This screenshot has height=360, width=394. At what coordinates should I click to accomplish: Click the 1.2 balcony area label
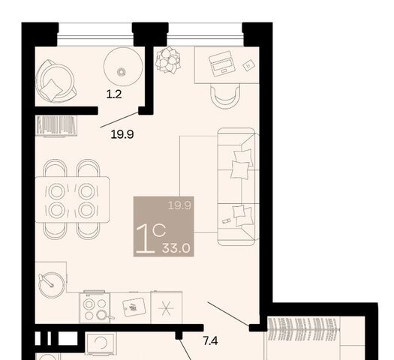[x=114, y=94]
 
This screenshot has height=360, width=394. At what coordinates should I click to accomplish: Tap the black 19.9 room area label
[x=122, y=134]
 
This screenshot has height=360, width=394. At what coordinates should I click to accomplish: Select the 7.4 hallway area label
[x=210, y=341]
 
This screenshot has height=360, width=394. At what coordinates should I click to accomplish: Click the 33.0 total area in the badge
[x=176, y=248]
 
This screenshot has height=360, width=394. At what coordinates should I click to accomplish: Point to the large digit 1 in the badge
[x=146, y=238]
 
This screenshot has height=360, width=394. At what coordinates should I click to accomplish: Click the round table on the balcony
[x=123, y=67]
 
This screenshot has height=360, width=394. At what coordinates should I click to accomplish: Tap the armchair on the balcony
[x=56, y=81]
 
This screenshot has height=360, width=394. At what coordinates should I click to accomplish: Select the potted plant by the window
[x=168, y=60]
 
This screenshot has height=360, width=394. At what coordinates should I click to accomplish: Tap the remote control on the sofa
[x=227, y=221]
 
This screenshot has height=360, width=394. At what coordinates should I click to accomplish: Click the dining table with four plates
[x=72, y=199]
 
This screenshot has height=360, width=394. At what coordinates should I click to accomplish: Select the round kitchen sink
[x=52, y=285]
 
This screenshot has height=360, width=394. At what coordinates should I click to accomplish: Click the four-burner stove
[x=95, y=307]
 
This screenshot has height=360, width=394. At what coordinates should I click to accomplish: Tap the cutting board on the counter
[x=134, y=307]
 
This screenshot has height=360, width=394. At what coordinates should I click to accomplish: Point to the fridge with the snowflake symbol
[x=167, y=307]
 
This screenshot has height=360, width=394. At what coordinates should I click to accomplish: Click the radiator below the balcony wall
[x=56, y=126]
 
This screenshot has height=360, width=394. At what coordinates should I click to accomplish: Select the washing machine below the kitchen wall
[x=101, y=343]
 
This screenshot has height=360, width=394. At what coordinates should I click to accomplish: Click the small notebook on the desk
[x=248, y=65]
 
